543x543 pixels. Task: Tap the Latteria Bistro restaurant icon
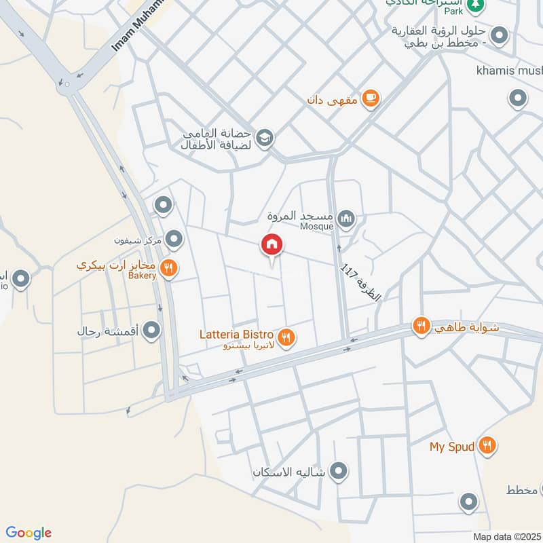click(286, 336)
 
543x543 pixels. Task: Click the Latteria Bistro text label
click(236, 335)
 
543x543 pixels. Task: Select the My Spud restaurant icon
click(487, 446)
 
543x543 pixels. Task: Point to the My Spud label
click(451, 447)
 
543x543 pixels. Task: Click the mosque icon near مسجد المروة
click(346, 219)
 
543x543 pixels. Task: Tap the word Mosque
click(317, 226)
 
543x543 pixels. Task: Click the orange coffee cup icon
click(370, 99)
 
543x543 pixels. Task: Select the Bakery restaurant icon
click(170, 269)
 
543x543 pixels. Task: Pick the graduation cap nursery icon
click(265, 138)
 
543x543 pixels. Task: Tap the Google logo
click(29, 533)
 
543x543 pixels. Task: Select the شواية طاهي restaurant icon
click(422, 327)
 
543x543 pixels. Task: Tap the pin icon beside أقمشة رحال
click(152, 331)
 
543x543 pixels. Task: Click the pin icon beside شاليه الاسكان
click(338, 470)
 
